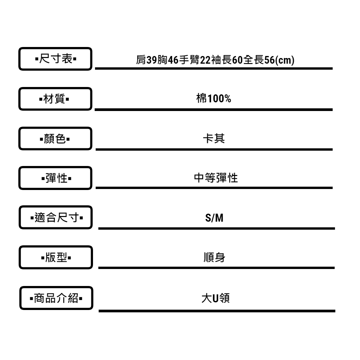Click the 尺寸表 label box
(55, 59)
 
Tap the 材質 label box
(55, 99)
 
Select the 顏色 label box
(55, 138)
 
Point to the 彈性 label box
(55, 178)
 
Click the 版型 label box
(55, 257)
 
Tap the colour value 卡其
(214, 139)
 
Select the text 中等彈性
(216, 178)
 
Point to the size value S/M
(214, 219)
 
